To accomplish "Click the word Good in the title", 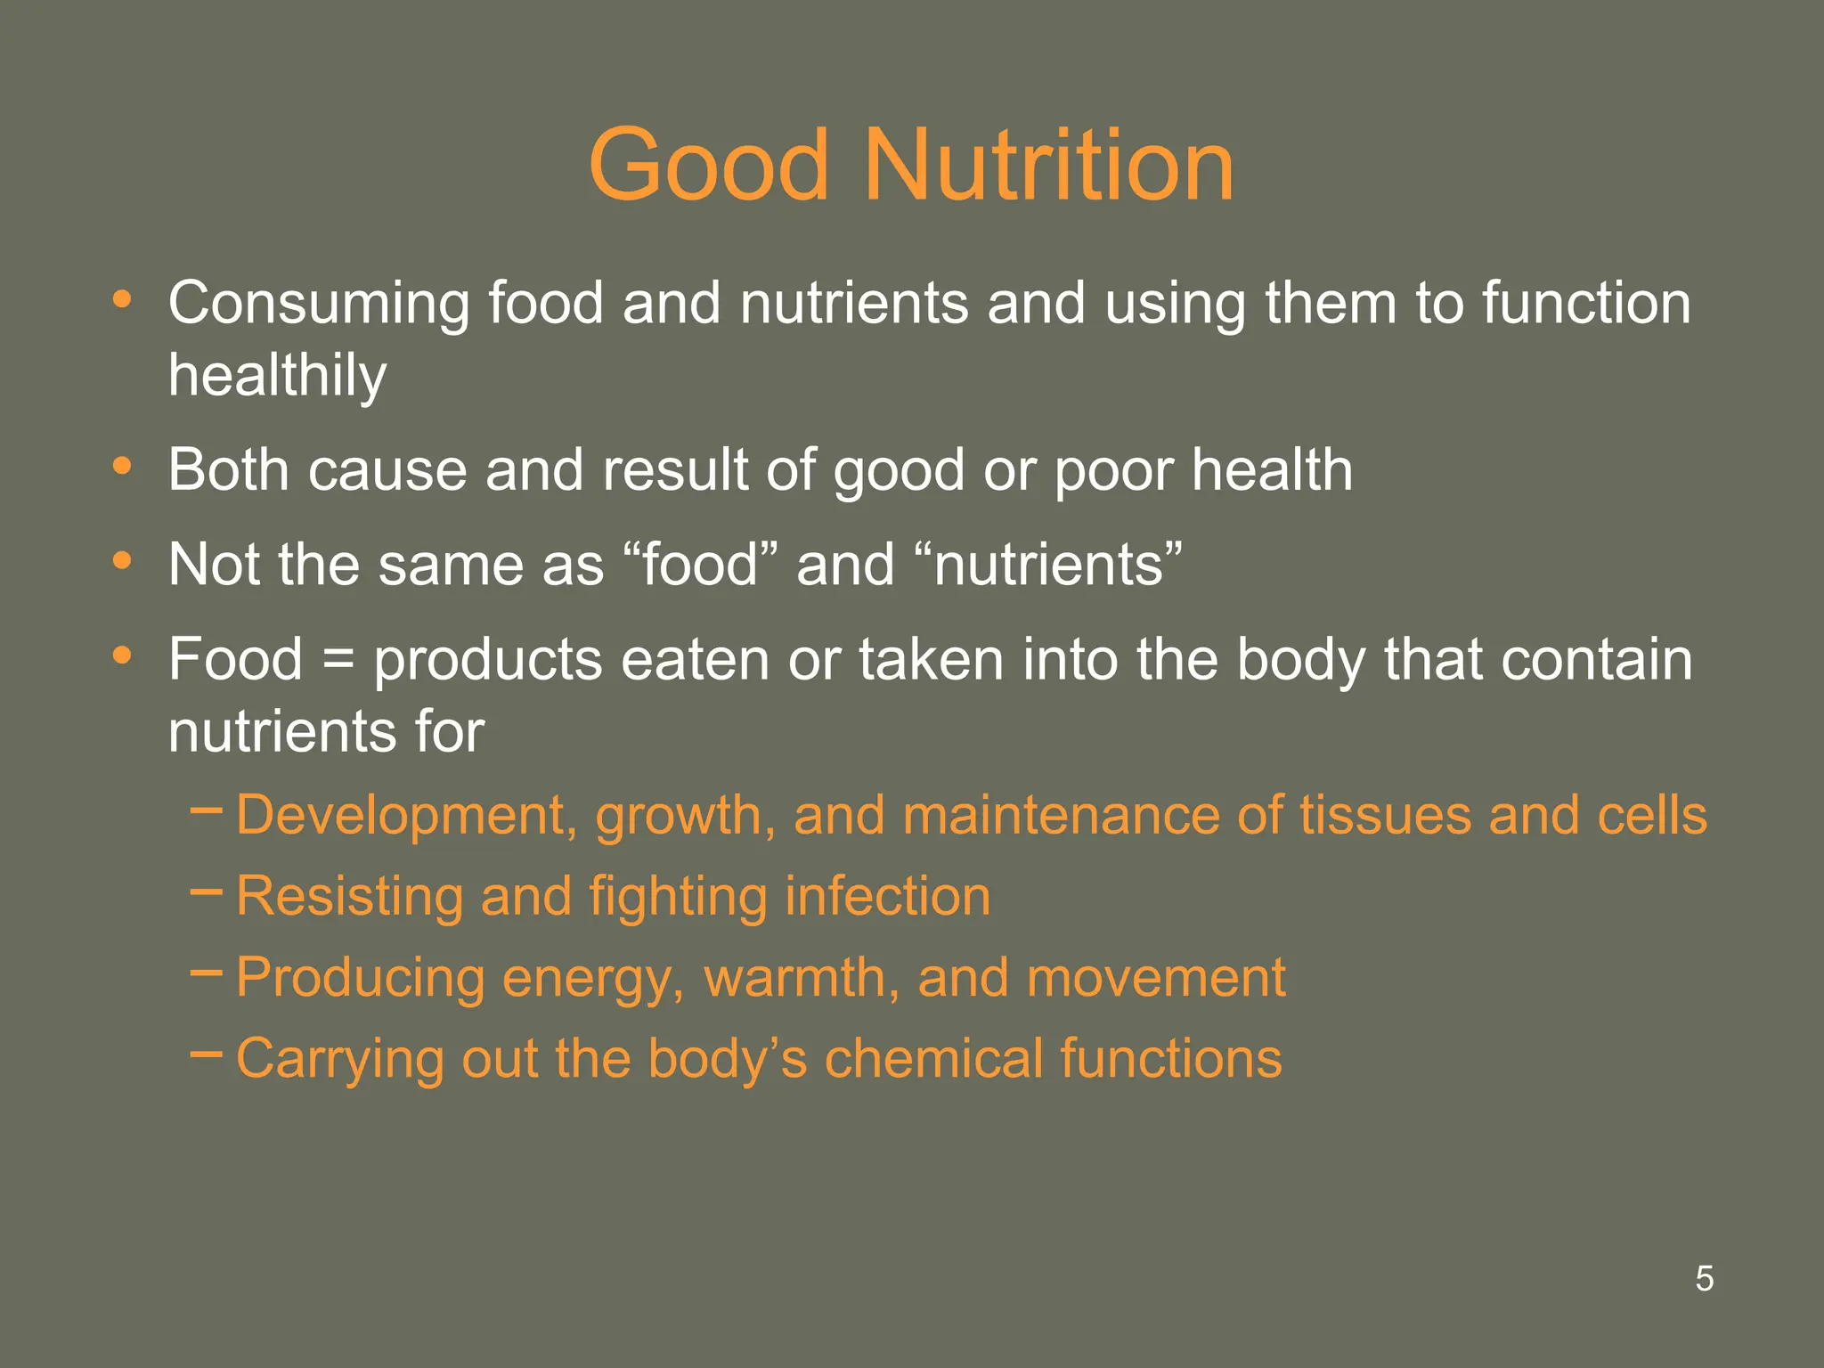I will (709, 166).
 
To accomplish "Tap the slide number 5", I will (1704, 1279).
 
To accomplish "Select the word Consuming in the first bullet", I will (318, 305).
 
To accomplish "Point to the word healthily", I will (277, 376).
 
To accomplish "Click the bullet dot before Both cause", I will (123, 466).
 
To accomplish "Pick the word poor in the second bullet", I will (1113, 471).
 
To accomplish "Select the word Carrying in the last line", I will (339, 1060).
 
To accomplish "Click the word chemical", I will (933, 1058).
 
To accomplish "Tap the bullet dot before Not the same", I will (123, 561).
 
